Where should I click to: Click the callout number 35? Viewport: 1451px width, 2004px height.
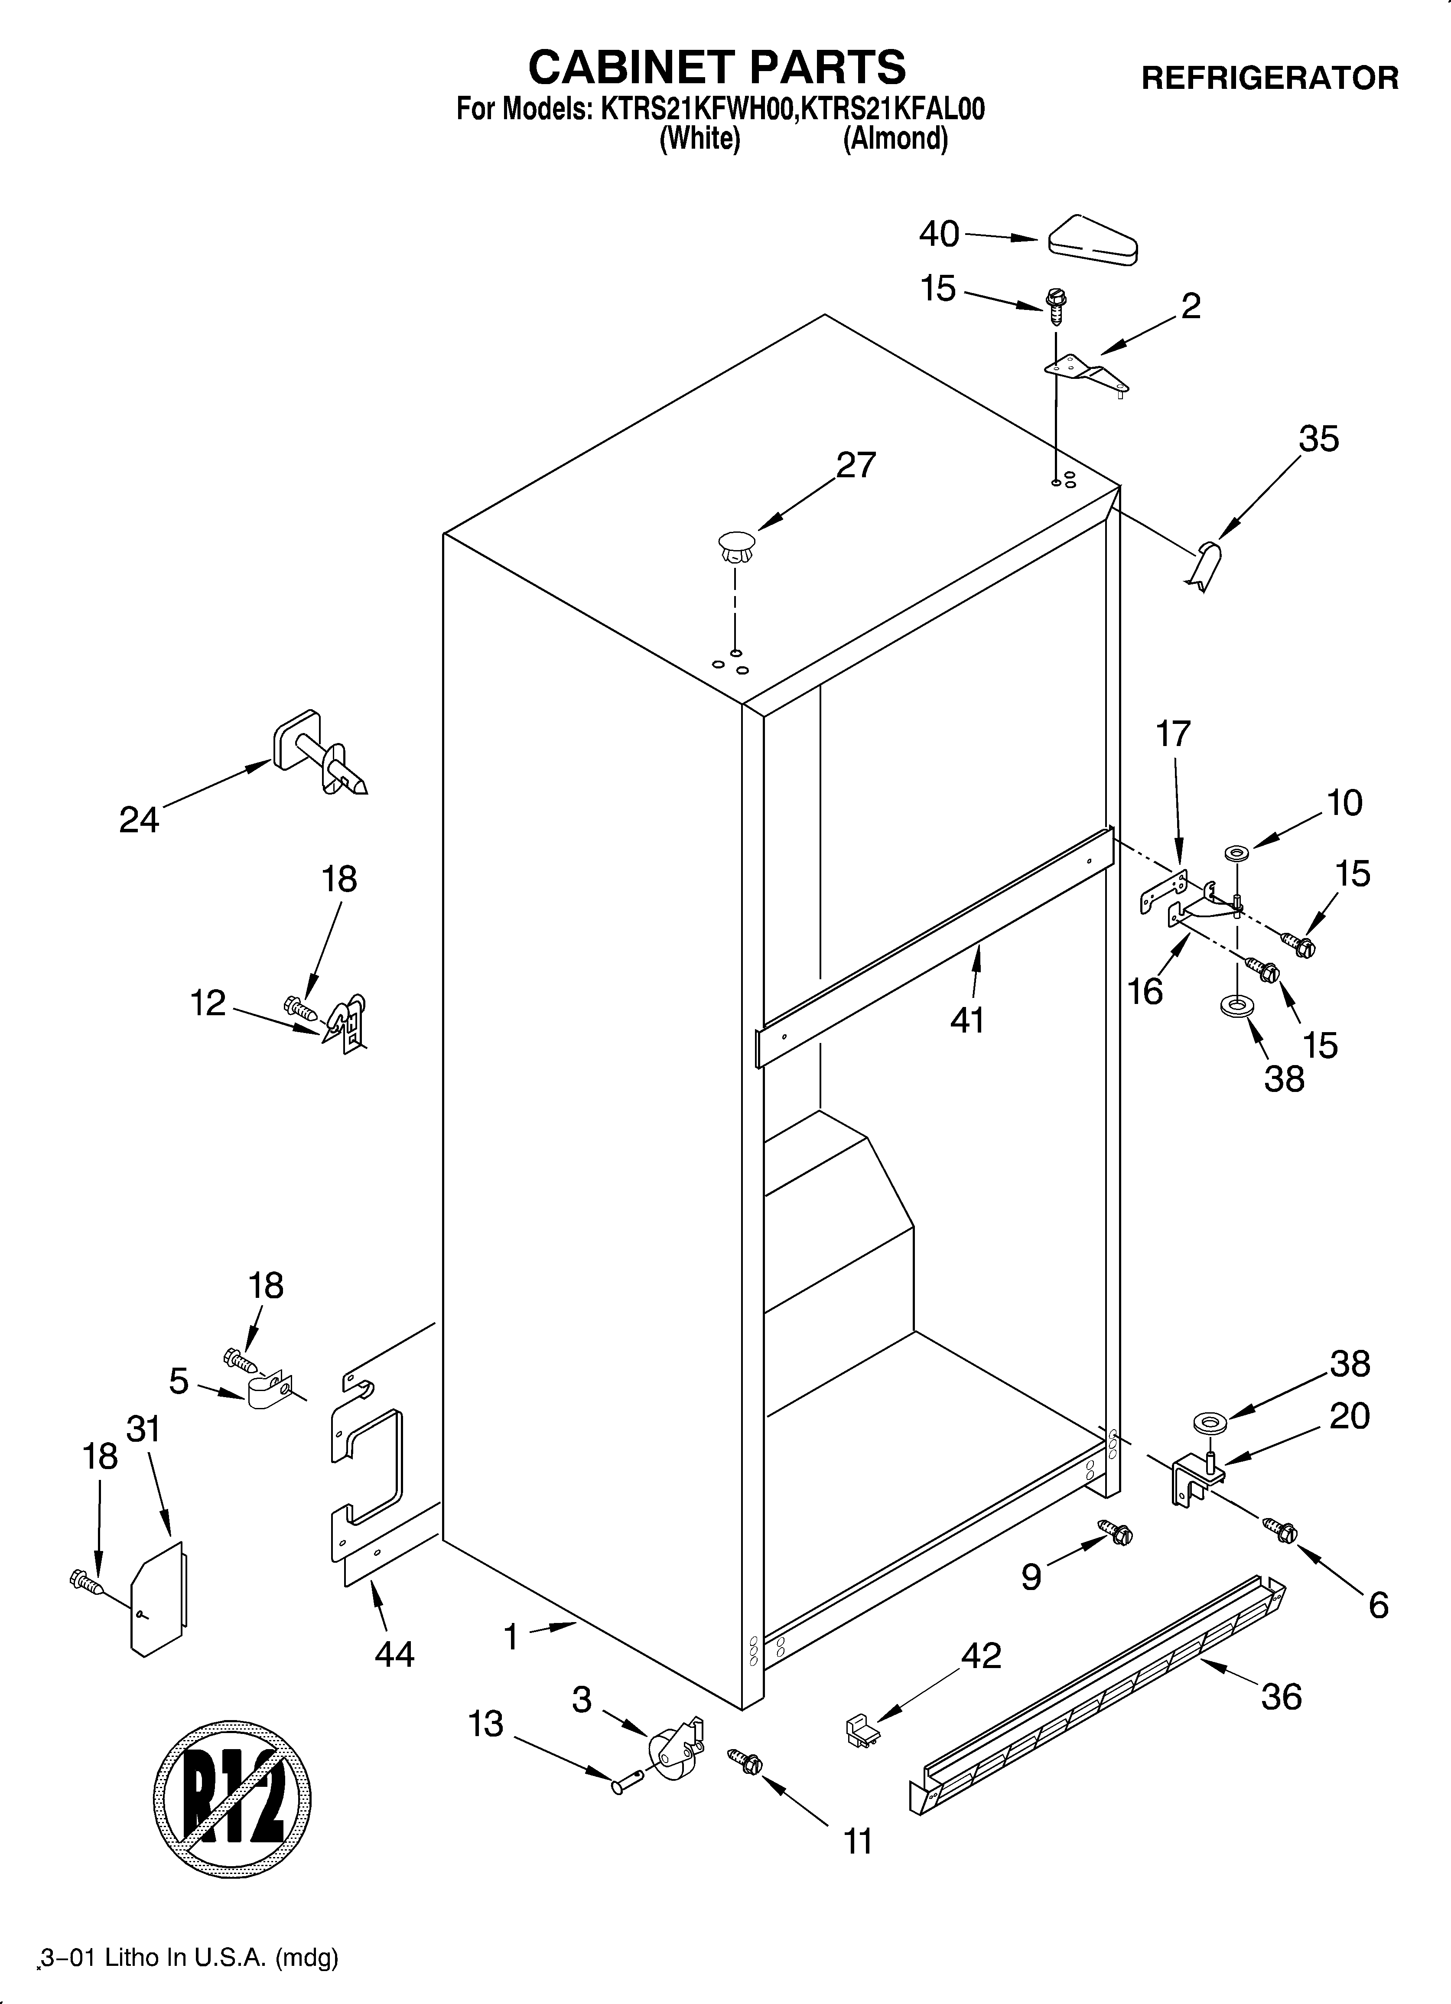tap(1318, 439)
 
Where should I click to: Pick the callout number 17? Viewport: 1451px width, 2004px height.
tap(1174, 734)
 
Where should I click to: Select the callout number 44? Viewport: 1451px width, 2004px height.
tap(394, 1654)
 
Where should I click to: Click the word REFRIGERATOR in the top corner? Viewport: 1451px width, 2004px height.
tap(1270, 78)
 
